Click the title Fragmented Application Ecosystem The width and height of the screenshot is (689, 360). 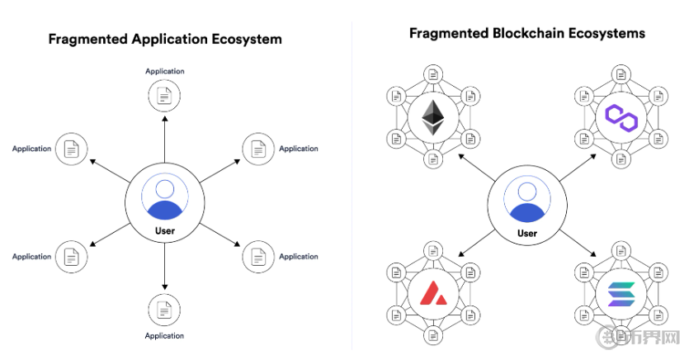click(165, 39)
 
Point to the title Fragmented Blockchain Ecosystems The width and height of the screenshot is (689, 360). click(526, 34)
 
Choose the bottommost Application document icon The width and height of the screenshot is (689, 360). click(164, 310)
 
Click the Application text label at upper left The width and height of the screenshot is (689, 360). click(31, 149)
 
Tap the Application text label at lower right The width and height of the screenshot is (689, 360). click(298, 257)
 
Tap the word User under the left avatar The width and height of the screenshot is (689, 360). click(164, 230)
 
